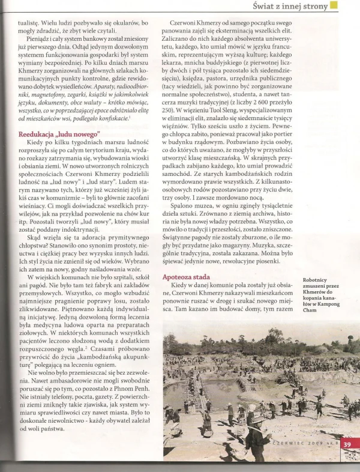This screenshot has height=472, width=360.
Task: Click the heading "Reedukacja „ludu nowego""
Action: point(56,135)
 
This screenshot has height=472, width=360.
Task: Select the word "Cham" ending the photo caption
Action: point(310,310)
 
